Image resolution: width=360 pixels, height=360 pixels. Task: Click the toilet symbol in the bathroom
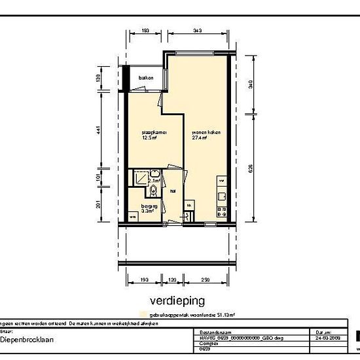coord(153,190)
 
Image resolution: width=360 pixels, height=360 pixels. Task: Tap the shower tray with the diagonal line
coord(139,178)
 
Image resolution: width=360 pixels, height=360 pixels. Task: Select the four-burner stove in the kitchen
coord(221,211)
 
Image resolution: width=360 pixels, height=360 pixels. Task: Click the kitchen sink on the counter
coord(222,180)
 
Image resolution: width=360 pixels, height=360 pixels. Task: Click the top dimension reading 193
coord(145,30)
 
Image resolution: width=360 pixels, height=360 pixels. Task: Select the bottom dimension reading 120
coord(173,279)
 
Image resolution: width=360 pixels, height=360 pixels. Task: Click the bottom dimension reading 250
coord(206,279)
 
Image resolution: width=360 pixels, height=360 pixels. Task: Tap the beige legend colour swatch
coord(135,314)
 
